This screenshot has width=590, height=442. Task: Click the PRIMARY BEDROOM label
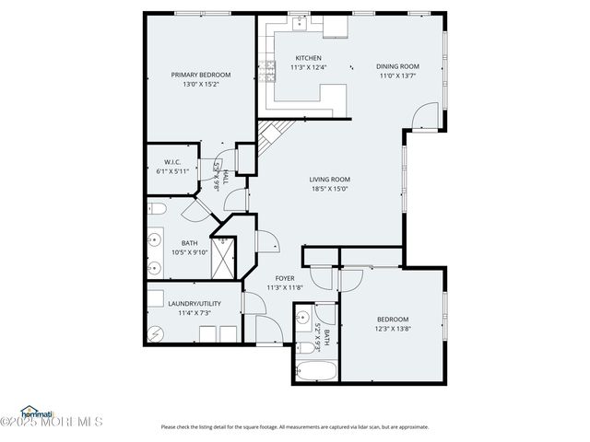click(x=201, y=75)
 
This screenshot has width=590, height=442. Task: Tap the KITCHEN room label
click(x=308, y=58)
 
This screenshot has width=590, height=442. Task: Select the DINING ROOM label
click(x=397, y=66)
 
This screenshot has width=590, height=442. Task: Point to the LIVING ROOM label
click(x=329, y=180)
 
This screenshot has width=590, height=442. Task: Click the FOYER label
click(x=285, y=277)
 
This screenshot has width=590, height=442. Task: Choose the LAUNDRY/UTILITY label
click(x=195, y=303)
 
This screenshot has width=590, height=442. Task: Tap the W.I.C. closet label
click(x=171, y=162)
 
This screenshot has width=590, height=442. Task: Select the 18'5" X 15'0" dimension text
click(x=329, y=191)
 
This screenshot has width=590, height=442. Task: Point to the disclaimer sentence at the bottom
click(x=294, y=426)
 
